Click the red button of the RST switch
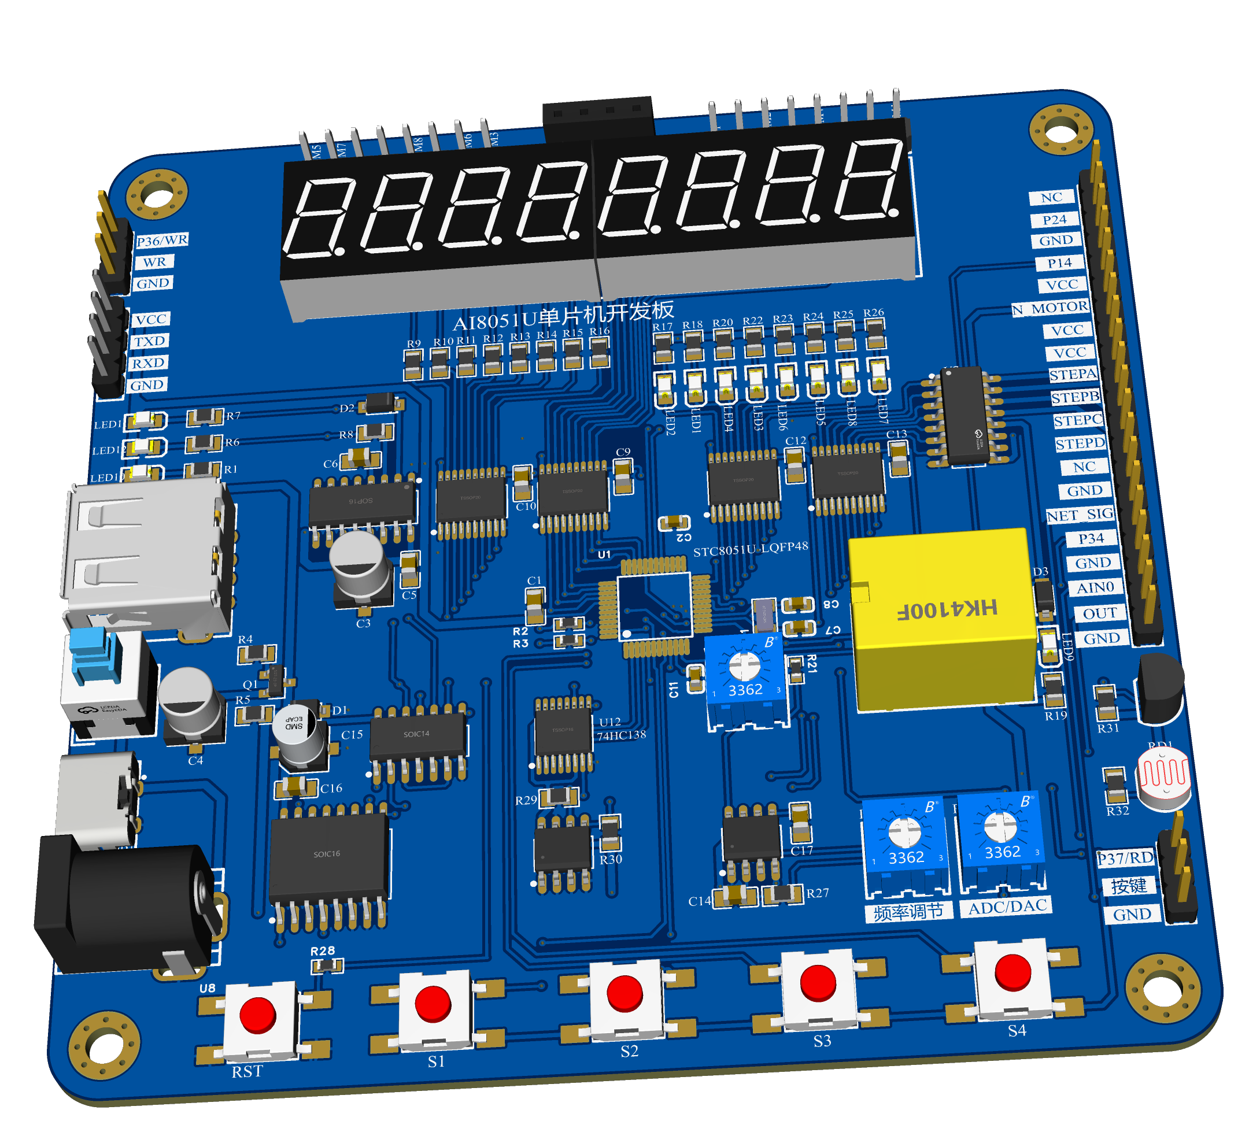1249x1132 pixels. point(257,1014)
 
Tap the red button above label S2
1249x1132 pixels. point(624,993)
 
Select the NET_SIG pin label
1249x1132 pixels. point(1080,515)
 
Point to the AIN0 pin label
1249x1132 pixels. point(1095,587)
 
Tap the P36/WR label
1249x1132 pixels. point(162,241)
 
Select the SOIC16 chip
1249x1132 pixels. point(328,855)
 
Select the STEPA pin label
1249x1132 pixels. point(1073,375)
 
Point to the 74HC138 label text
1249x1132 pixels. point(621,735)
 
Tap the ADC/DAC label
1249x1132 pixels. point(1007,907)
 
